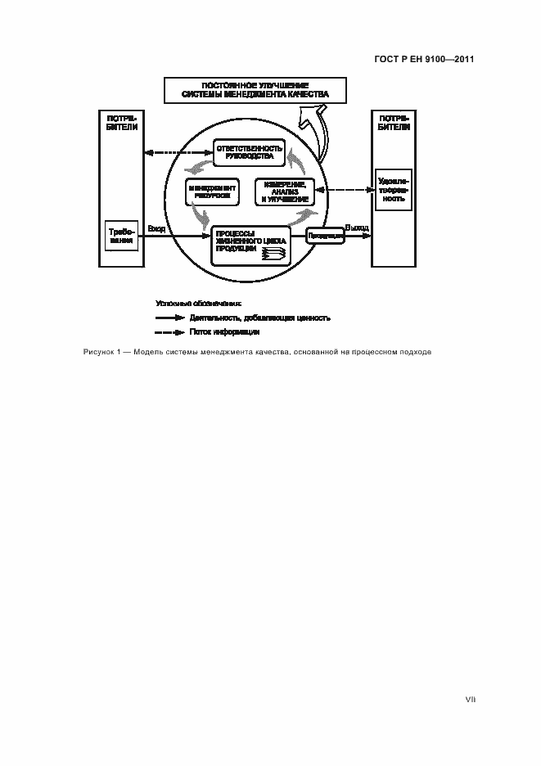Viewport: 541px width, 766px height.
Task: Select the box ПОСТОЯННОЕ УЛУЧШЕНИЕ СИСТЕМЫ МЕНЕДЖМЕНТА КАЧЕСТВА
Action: tap(255, 90)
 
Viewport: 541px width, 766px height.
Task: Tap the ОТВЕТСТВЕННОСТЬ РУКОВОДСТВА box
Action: tap(249, 151)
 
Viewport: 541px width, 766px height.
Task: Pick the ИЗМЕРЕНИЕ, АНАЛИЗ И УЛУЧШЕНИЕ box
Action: tap(285, 191)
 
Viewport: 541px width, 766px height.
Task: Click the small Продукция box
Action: tap(325, 237)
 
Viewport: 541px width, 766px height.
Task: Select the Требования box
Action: tap(121, 237)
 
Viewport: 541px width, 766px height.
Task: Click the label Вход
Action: tap(156, 229)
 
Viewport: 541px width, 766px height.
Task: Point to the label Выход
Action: tap(357, 228)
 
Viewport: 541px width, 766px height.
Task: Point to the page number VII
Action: tap(470, 701)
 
